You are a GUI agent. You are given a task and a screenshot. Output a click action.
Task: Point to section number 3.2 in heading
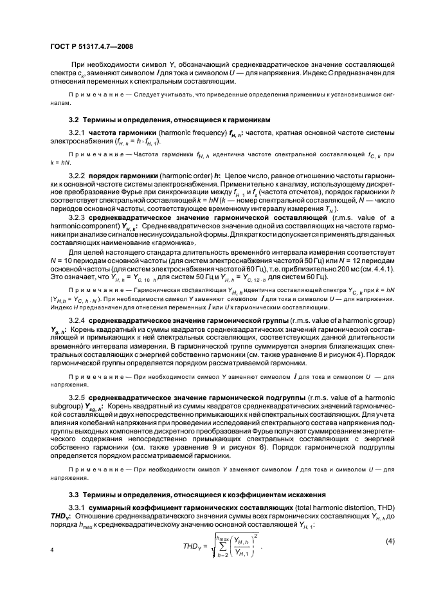pyautogui.click(x=74, y=120)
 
